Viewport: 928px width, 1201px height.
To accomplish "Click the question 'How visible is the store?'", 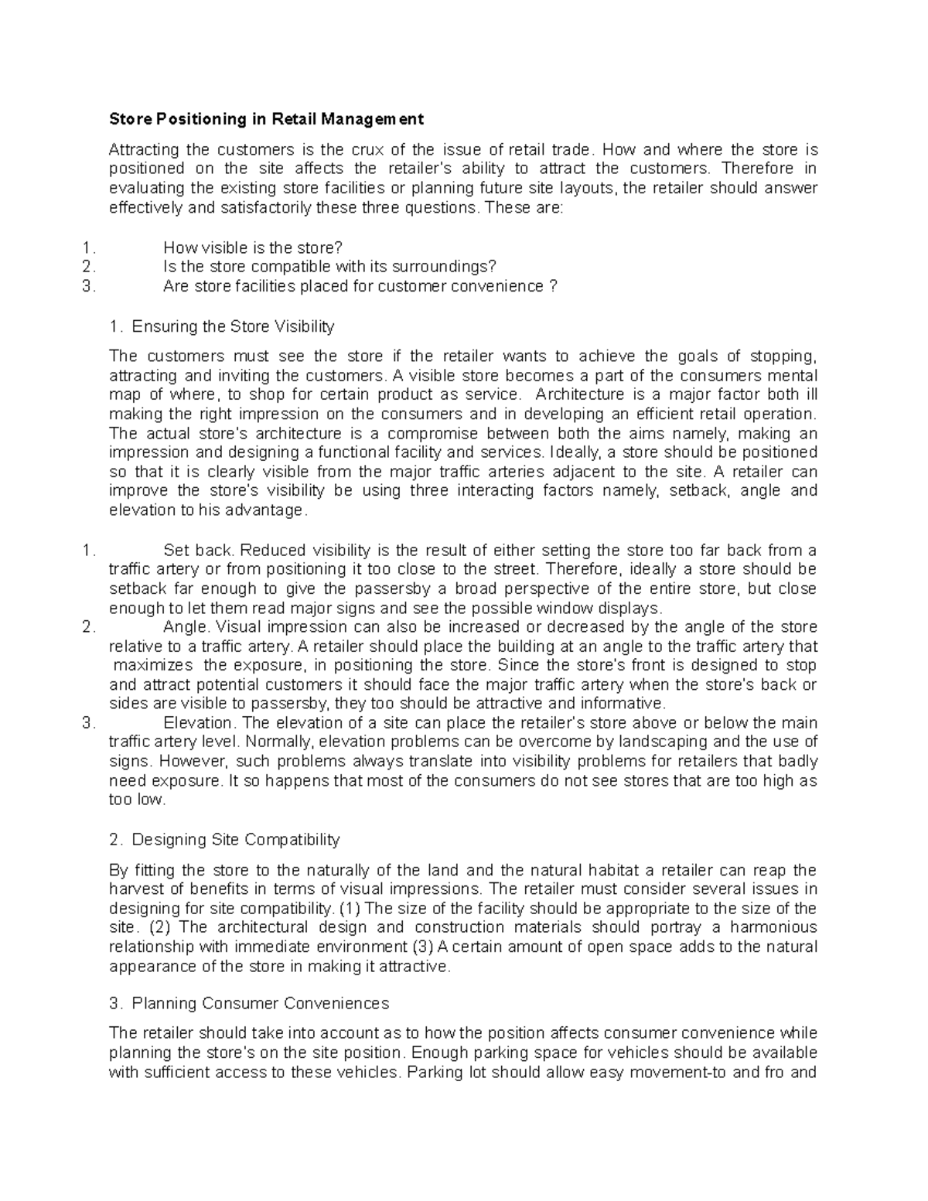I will (252, 247).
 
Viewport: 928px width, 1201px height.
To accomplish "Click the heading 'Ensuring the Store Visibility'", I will (233, 326).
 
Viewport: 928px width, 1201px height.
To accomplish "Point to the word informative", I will (623, 704).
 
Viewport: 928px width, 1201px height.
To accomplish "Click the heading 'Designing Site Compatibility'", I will (236, 840).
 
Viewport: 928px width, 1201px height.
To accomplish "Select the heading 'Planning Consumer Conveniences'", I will (261, 1004).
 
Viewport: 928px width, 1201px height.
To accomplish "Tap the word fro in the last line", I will (776, 1073).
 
